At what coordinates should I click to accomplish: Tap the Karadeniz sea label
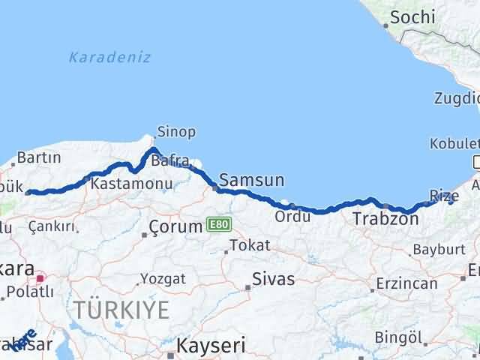(109, 57)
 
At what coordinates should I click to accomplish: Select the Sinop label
(176, 132)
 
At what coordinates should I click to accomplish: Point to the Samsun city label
(251, 180)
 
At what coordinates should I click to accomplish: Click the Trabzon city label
(385, 219)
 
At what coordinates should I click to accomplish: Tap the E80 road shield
(217, 224)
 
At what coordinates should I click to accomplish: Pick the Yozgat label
(163, 278)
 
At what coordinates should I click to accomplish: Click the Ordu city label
(289, 216)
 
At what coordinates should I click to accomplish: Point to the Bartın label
(38, 157)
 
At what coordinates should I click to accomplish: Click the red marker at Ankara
(40, 278)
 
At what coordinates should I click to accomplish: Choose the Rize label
(440, 195)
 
